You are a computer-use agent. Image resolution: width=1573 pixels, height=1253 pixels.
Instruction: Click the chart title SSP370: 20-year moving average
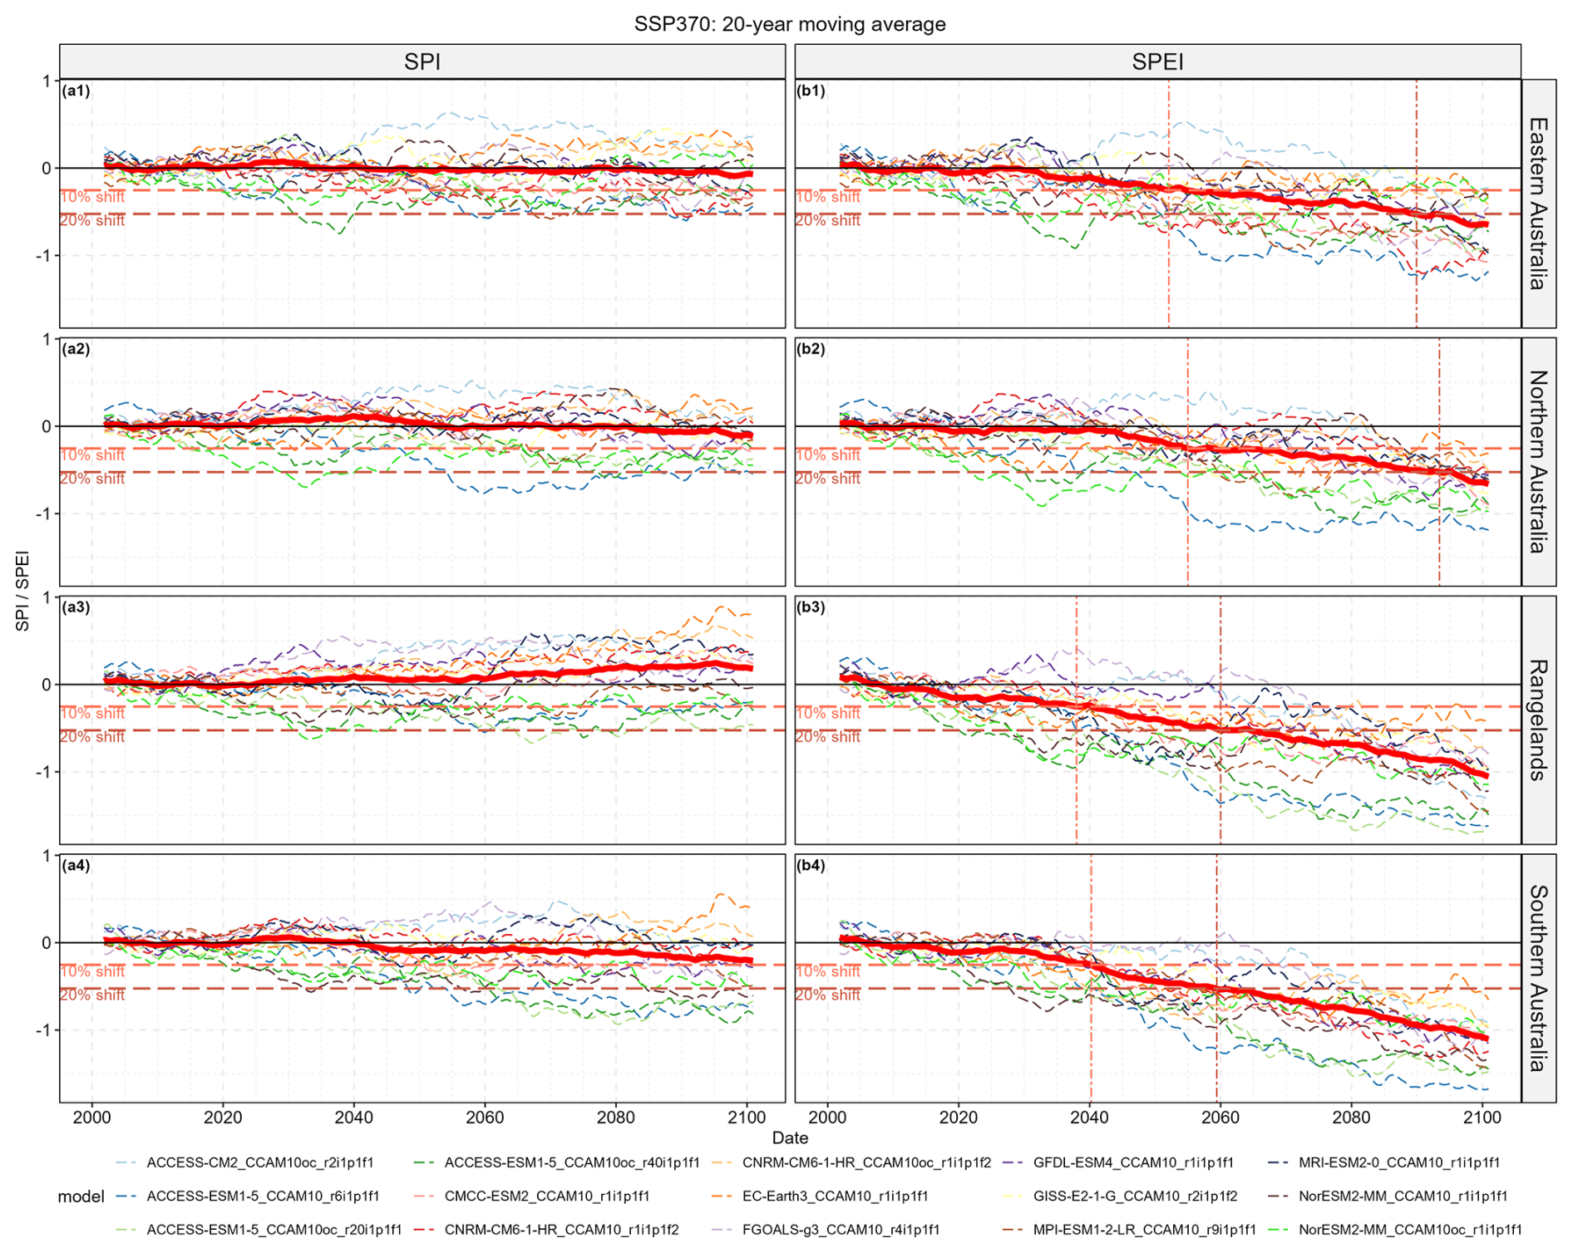click(x=790, y=24)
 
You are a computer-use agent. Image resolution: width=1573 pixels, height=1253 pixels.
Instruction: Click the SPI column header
click(x=422, y=61)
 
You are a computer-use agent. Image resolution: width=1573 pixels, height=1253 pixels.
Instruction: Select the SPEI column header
click(x=1157, y=61)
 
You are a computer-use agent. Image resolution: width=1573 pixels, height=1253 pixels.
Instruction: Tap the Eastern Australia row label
click(x=1538, y=204)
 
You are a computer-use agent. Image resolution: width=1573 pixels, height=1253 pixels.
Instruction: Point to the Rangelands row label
click(x=1538, y=720)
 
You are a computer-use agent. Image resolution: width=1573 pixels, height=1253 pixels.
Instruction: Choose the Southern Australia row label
click(x=1538, y=978)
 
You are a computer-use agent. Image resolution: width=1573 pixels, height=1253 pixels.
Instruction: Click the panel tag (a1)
click(x=76, y=91)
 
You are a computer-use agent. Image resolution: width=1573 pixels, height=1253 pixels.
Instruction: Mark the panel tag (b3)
click(x=811, y=607)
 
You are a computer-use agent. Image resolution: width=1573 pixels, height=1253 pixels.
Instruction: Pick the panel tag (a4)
click(x=76, y=865)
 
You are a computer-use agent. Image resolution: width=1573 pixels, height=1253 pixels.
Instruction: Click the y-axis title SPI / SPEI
click(x=22, y=591)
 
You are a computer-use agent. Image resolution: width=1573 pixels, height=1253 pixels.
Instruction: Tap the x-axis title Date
click(x=790, y=1138)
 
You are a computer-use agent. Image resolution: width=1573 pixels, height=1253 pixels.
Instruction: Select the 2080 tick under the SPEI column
click(x=1351, y=1117)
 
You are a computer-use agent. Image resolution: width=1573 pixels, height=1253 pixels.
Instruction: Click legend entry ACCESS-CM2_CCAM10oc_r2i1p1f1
click(x=259, y=1162)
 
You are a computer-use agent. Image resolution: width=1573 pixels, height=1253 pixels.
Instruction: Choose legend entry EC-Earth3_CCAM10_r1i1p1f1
click(x=835, y=1196)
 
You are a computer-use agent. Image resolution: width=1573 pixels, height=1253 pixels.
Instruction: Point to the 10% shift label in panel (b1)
click(x=828, y=197)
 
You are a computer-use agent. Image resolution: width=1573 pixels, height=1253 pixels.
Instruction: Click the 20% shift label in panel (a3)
click(x=92, y=737)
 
